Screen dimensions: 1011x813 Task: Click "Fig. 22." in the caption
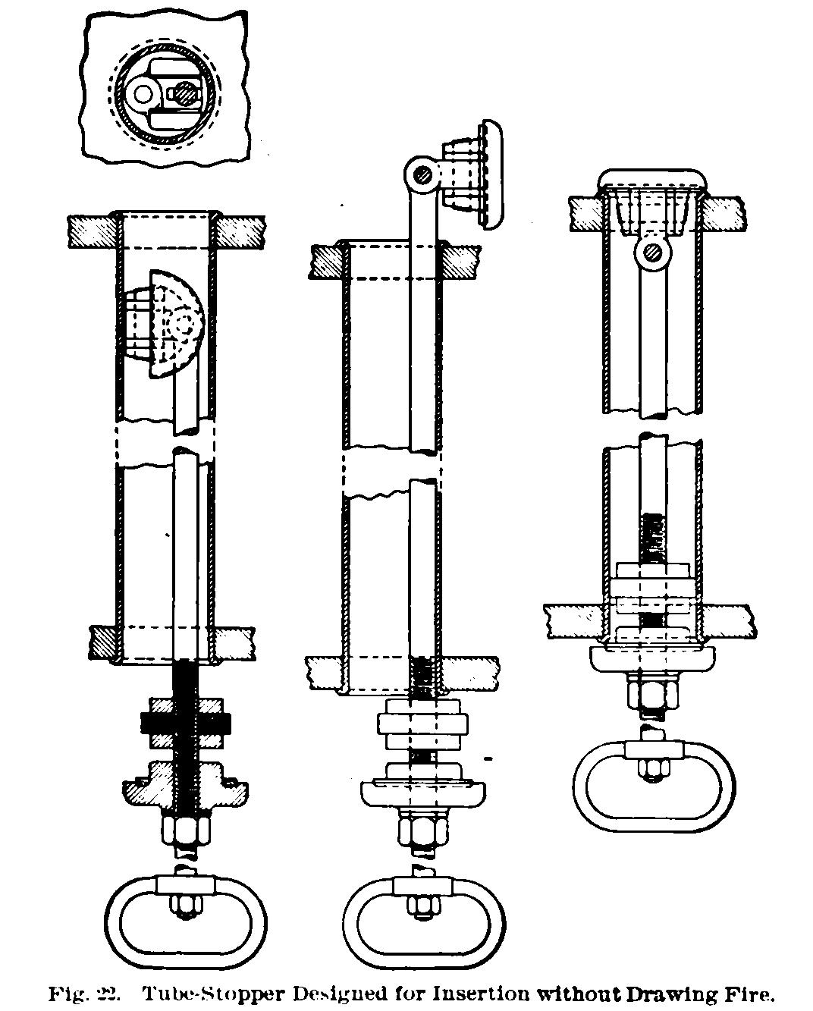point(84,994)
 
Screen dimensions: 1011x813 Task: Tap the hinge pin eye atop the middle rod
point(422,175)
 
